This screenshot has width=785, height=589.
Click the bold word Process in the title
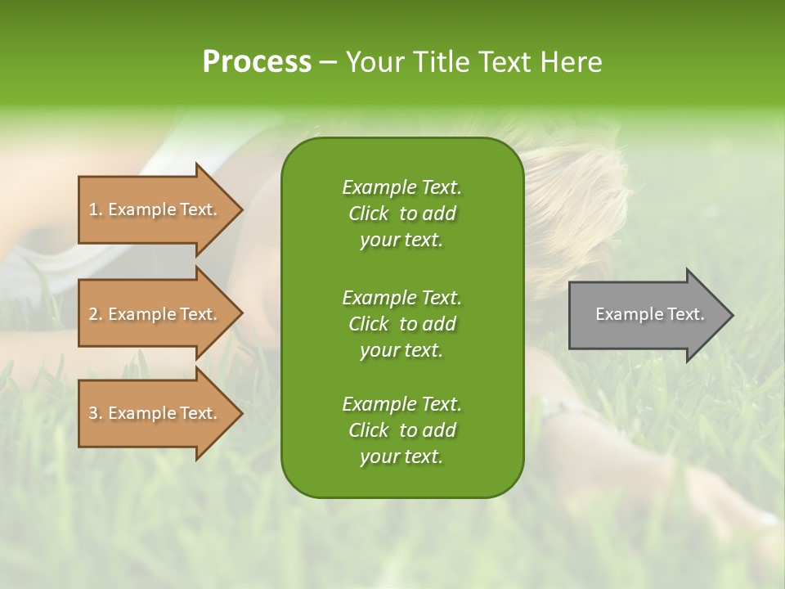click(x=257, y=62)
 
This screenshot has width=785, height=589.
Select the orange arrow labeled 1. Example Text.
click(x=155, y=209)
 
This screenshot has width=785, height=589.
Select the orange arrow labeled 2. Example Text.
click(x=155, y=314)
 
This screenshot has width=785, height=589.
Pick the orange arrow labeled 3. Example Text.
click(x=155, y=413)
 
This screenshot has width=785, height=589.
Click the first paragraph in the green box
click(x=401, y=214)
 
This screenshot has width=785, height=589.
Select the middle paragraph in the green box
click(x=401, y=323)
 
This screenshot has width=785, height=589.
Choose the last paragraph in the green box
click(x=401, y=430)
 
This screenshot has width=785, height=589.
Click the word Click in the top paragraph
click(x=369, y=214)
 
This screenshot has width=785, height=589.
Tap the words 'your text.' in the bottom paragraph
click(x=401, y=456)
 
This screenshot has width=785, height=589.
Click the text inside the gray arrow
click(x=649, y=314)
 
